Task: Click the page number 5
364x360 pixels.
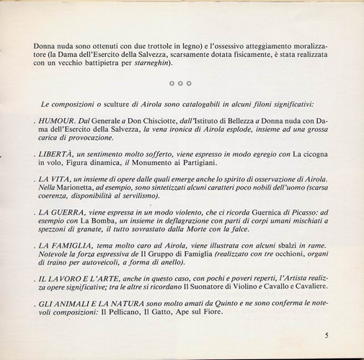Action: click(x=327, y=335)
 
